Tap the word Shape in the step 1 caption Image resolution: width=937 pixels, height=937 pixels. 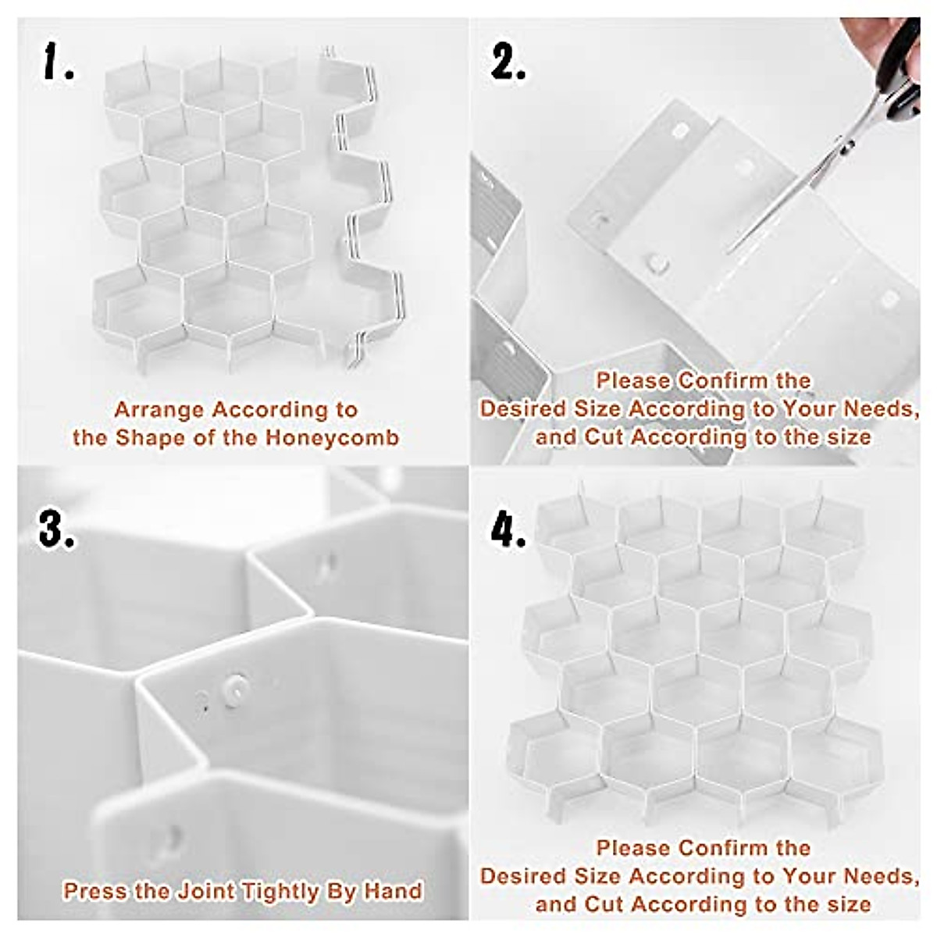tap(150, 437)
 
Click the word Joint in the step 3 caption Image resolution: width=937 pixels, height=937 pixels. tap(208, 891)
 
